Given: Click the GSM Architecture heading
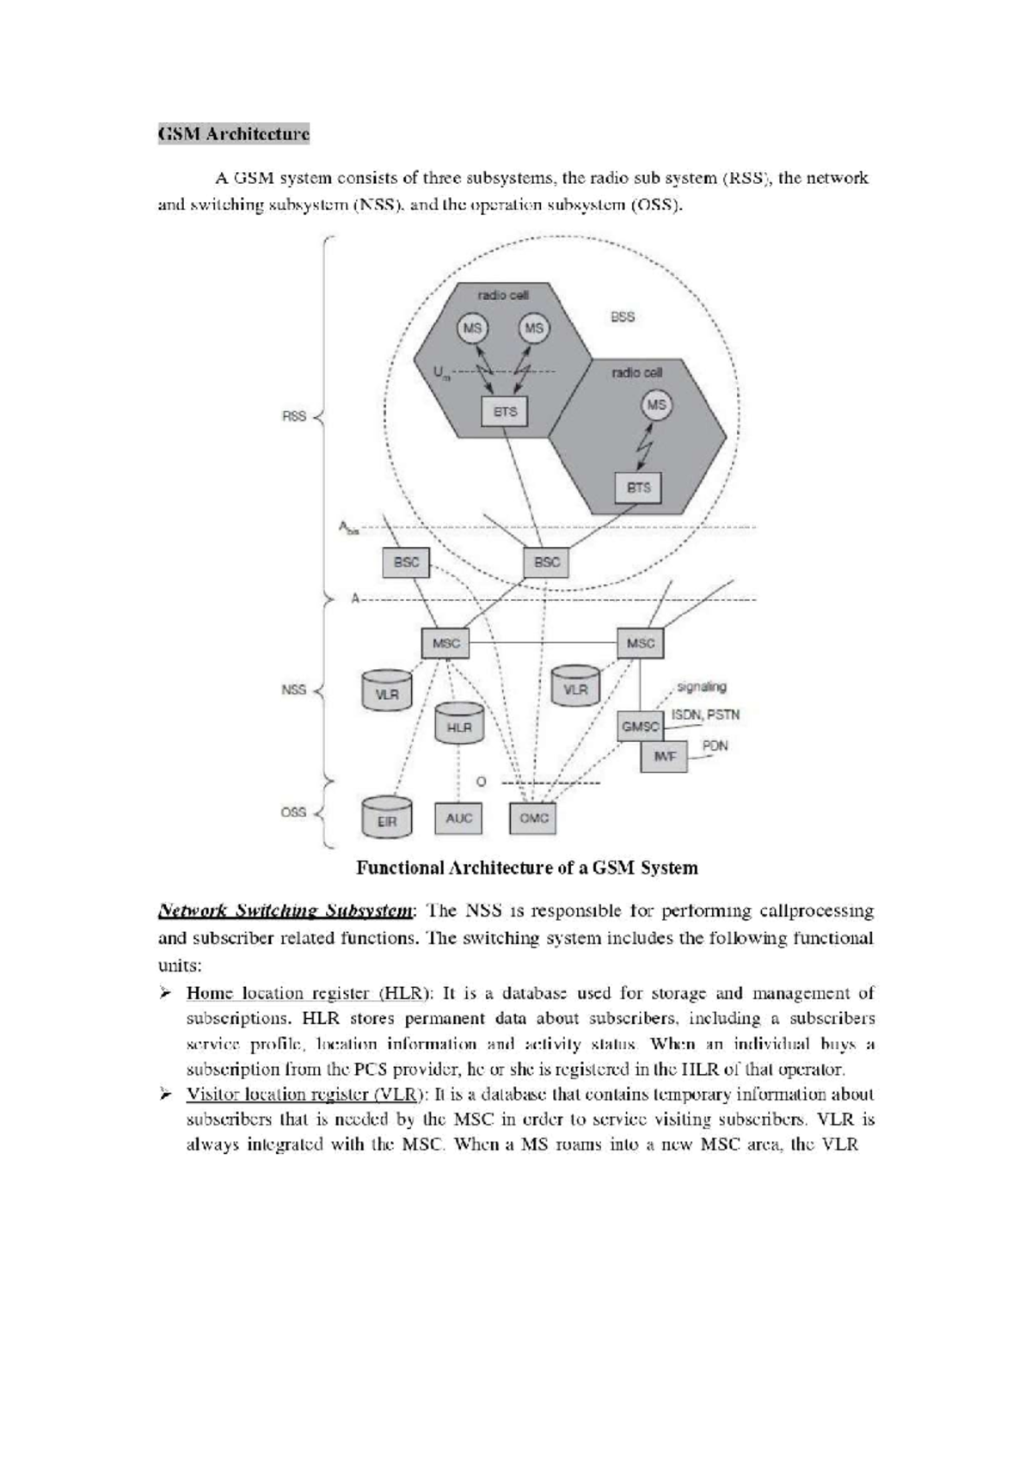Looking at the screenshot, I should pyautogui.click(x=233, y=134).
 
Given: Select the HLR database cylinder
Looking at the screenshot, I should pyautogui.click(x=459, y=725).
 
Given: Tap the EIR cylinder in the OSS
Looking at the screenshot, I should pyautogui.click(x=387, y=819).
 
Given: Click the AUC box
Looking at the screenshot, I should pyautogui.click(x=458, y=818).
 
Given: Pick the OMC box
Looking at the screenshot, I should pyautogui.click(x=533, y=818).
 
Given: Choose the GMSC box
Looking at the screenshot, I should pyautogui.click(x=640, y=727).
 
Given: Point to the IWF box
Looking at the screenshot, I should pyautogui.click(x=664, y=757).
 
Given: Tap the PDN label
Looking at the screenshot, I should pyautogui.click(x=715, y=745).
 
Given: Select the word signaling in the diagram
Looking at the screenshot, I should pyautogui.click(x=701, y=686).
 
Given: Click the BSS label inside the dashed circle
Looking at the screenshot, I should pyautogui.click(x=623, y=316).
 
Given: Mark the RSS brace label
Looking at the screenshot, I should pyautogui.click(x=294, y=416).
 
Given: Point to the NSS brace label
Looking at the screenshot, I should pyautogui.click(x=294, y=690).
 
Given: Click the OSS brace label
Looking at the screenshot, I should pyautogui.click(x=293, y=812).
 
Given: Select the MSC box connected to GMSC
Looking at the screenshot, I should pyautogui.click(x=641, y=643).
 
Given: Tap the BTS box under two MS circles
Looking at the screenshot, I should pyautogui.click(x=505, y=412).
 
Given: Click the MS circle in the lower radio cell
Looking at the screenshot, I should pyautogui.click(x=656, y=405).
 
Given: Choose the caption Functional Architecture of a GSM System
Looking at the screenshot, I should pyautogui.click(x=526, y=868).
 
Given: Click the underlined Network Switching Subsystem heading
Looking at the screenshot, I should pyautogui.click(x=286, y=911).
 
